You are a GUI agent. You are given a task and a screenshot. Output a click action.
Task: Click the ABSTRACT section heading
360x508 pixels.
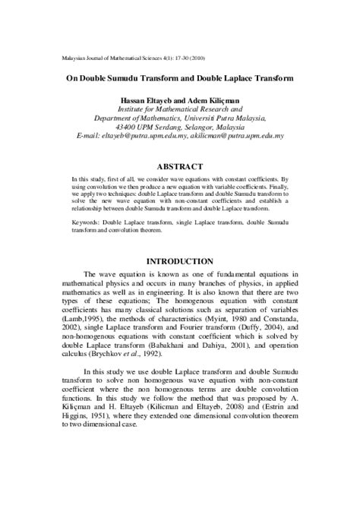179,166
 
